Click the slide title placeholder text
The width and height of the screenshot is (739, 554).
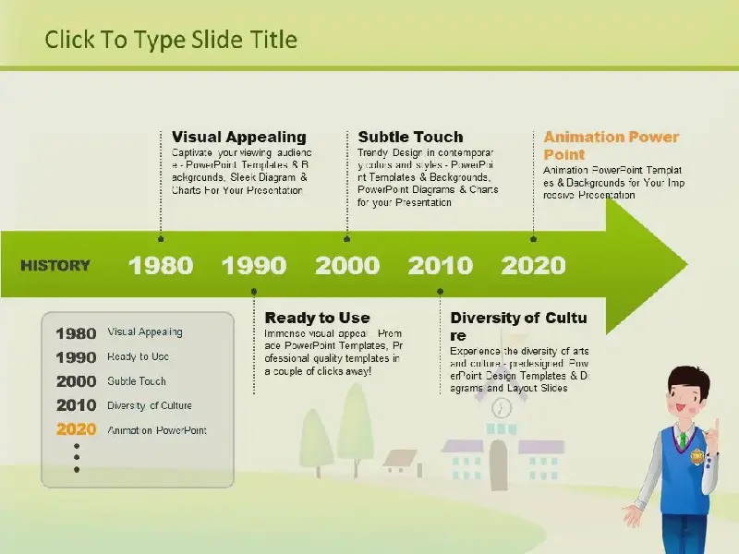coord(171,40)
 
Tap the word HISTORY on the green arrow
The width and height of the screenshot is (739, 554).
coord(55,266)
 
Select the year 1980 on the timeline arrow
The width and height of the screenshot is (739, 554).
coord(161,265)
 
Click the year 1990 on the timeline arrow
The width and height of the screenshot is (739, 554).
coord(254,265)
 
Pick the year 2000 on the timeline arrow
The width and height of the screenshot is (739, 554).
coord(347,265)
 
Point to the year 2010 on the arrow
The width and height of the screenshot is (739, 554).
coord(441,265)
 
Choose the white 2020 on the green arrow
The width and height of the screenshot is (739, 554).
coord(534,265)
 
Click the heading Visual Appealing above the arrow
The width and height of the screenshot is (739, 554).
coord(239,137)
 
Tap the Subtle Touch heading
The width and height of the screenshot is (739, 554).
coord(410,137)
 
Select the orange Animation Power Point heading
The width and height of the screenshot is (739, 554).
coord(612,146)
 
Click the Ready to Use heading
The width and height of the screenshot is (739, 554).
coord(317,318)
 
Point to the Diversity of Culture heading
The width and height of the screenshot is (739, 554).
coord(518,327)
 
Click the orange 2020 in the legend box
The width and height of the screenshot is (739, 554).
coord(77,429)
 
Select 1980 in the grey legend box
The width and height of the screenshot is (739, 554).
coord(77,333)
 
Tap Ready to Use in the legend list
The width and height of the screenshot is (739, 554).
coord(138,356)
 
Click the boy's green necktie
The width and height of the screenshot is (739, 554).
coord(682,440)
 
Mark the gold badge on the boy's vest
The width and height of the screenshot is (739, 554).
coord(697,456)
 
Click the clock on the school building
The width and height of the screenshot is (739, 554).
coord(502,407)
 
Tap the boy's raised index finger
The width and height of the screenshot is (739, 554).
coord(717,427)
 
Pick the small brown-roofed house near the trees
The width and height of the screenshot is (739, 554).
coord(402,462)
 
